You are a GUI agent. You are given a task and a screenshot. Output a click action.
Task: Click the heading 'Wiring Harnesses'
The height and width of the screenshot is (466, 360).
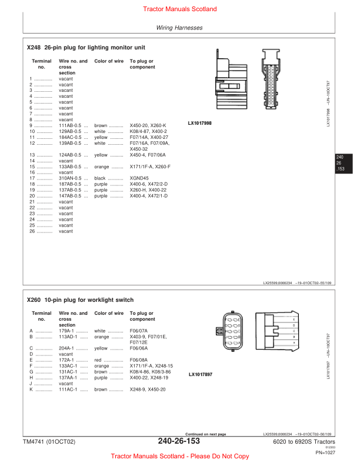click(x=179, y=28)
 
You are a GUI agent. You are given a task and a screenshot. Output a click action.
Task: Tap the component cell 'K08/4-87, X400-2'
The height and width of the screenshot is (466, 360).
click(x=149, y=131)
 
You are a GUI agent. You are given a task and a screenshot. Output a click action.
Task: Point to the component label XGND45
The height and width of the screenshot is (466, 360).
click(x=139, y=178)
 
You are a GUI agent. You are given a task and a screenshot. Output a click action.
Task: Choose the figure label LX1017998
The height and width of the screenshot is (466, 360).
click(x=200, y=124)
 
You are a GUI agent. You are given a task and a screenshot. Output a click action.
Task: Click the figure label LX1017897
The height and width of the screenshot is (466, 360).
click(x=201, y=374)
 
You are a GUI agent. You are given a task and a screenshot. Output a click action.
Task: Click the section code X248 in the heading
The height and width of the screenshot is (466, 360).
click(x=34, y=47)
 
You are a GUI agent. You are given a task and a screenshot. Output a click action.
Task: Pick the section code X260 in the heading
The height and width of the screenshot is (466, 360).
click(x=34, y=299)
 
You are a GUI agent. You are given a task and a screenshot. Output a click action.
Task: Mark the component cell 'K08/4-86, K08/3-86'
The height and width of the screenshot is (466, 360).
click(x=150, y=372)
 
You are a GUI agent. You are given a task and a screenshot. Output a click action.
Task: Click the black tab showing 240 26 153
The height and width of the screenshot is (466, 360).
click(x=340, y=163)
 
